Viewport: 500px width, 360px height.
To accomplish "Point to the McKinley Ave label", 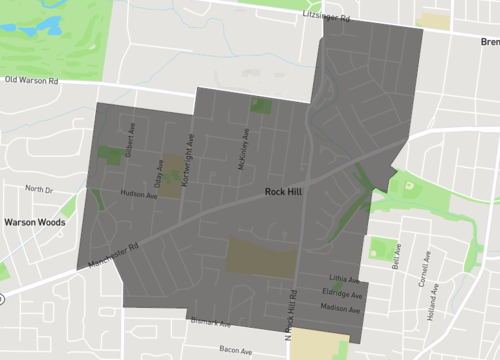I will (x=245, y=147).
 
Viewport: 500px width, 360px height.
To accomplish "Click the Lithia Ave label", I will (x=342, y=279).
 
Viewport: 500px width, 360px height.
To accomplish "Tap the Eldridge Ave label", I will (x=342, y=294).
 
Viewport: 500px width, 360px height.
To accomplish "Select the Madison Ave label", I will (x=342, y=309).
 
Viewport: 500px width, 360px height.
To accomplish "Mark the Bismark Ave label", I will (x=210, y=324).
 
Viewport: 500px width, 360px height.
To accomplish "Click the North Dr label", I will (x=39, y=189).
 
